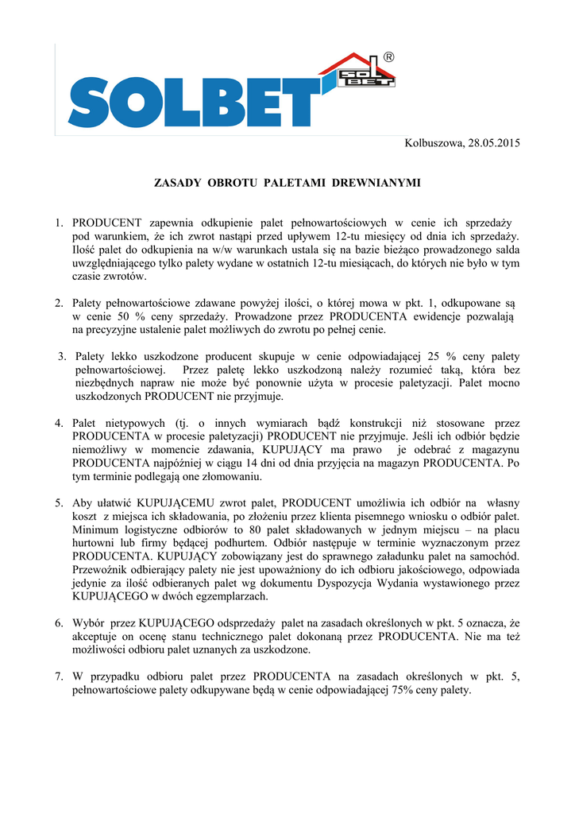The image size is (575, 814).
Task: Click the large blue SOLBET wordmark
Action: pos(191,103)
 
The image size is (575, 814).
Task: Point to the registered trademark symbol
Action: pos(389,57)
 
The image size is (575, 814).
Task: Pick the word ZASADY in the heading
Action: pos(177,183)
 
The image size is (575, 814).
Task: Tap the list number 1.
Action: pos(58,223)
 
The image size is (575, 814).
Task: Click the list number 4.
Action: pos(58,424)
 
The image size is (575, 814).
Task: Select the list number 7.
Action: pos(58,676)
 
